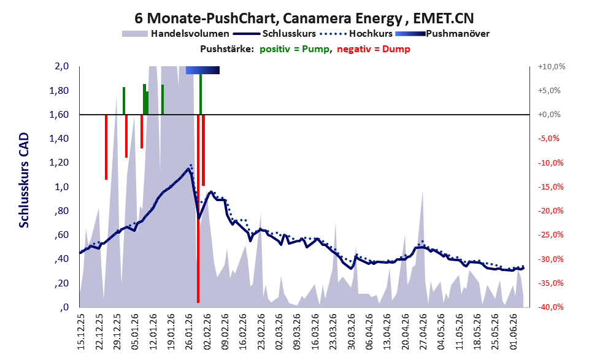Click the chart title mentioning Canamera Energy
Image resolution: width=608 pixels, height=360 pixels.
pos(304,18)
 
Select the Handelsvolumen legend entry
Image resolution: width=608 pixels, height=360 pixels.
pos(175,34)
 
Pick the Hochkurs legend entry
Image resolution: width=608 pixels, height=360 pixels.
pos(356,34)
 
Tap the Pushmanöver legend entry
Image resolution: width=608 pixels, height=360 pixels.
pos(442,34)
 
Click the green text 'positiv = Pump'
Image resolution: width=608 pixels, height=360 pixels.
pos(294,49)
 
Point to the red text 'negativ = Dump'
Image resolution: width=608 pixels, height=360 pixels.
pos(374,49)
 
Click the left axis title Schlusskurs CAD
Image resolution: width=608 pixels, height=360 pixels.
pos(24,180)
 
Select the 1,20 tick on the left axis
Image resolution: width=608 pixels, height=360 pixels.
pos(59,163)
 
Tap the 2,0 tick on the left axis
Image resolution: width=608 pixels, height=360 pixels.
pos(61,66)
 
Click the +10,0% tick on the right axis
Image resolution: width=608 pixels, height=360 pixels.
pos(552,67)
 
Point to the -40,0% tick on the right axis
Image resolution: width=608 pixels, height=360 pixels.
pos(550,307)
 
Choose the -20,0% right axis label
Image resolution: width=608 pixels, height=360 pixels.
pos(550,211)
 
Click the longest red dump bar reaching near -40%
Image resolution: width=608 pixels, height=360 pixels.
pos(198,209)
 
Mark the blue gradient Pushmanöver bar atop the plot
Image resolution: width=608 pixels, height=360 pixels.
pos(203,70)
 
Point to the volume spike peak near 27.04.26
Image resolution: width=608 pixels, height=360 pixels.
pos(422,191)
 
